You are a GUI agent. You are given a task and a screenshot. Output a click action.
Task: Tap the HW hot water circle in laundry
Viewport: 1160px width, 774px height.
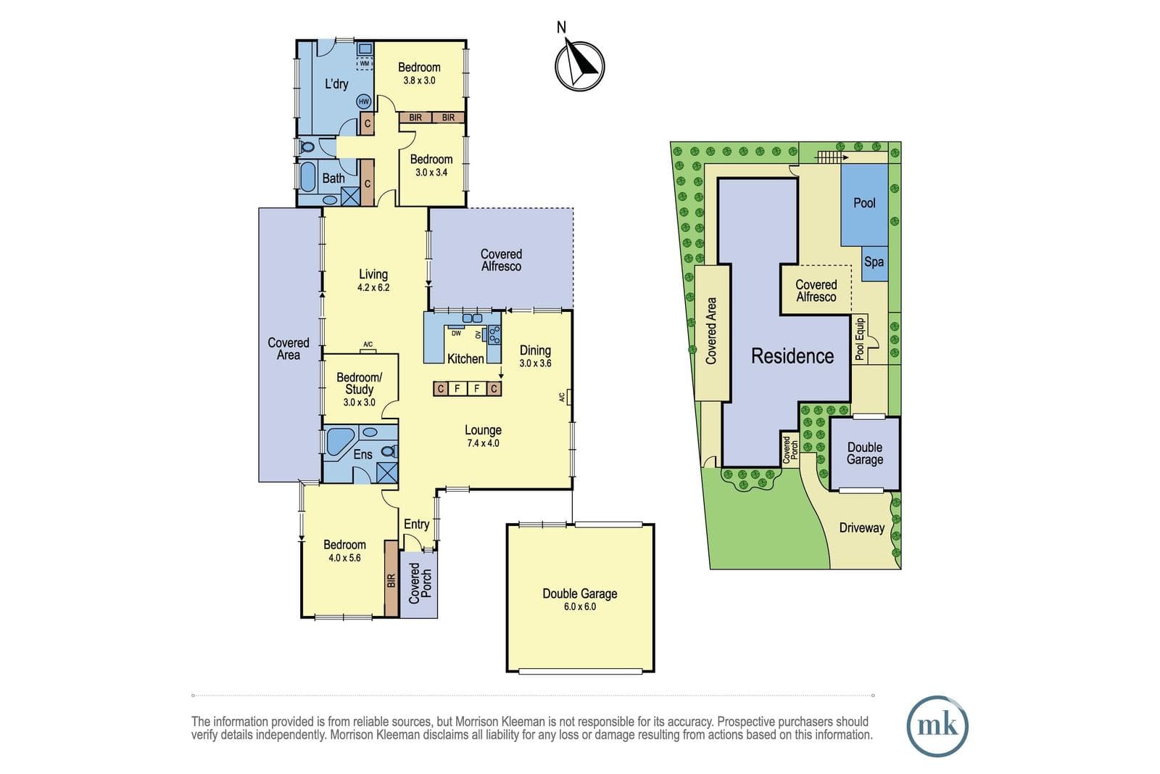(x=364, y=102)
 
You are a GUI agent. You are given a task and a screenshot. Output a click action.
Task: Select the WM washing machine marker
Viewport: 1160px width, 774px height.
(x=365, y=63)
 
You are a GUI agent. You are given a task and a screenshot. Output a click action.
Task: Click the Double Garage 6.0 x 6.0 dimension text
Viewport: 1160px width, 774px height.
(x=580, y=606)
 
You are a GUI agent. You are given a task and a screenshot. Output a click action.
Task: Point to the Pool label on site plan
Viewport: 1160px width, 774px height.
(x=864, y=203)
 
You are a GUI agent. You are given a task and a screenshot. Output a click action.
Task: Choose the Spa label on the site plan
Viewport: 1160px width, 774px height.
(x=874, y=262)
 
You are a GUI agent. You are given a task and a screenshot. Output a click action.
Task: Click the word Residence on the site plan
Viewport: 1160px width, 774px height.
(x=792, y=356)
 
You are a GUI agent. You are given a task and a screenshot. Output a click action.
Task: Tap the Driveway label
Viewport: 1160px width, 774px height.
(x=862, y=528)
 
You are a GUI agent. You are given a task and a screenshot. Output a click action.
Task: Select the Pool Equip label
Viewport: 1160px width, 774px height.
(x=860, y=339)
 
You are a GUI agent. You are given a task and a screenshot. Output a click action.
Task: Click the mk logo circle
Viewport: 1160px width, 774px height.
(x=937, y=726)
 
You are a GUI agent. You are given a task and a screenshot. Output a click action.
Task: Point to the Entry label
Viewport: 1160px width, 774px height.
(x=416, y=524)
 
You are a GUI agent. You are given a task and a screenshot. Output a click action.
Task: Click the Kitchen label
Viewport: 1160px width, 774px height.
(x=465, y=358)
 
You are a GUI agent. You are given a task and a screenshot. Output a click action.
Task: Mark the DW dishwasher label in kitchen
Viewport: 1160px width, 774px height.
(x=456, y=333)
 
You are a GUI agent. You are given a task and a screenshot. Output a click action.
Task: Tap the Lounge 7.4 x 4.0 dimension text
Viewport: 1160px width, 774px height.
(x=483, y=443)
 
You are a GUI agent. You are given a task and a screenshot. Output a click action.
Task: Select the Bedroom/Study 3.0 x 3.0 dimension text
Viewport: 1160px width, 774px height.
(x=360, y=402)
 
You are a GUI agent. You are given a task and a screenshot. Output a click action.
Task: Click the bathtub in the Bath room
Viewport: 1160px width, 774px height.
(x=307, y=177)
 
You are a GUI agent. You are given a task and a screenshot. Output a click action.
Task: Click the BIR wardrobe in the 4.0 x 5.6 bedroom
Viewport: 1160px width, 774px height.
(x=391, y=579)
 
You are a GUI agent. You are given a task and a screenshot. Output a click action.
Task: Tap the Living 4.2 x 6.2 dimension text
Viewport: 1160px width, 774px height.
(x=373, y=287)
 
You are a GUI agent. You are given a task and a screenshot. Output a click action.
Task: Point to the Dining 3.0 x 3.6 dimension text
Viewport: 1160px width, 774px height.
(x=536, y=363)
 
